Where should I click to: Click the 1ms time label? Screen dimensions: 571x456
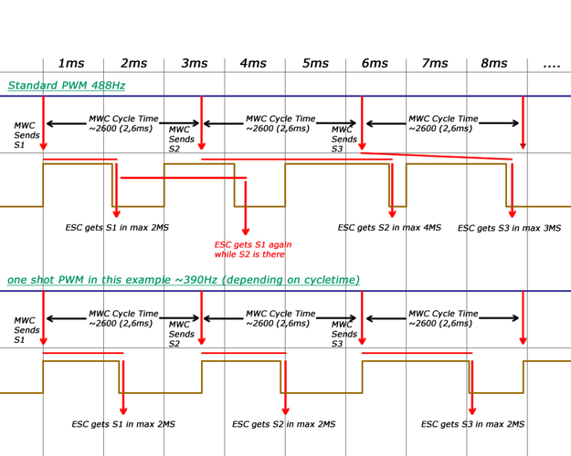(x=71, y=63)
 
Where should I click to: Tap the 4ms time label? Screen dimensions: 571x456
(x=253, y=63)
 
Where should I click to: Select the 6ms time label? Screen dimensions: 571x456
(x=375, y=63)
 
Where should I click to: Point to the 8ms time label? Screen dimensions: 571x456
(x=494, y=63)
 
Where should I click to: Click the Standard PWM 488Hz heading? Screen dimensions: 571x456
(x=67, y=86)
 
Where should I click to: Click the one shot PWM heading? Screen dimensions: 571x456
(x=184, y=280)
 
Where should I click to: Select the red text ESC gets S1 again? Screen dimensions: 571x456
(x=253, y=249)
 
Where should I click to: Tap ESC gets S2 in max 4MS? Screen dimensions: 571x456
(x=389, y=228)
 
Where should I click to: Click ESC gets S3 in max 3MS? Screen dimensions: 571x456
(x=509, y=228)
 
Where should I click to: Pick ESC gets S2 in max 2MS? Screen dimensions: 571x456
(x=284, y=424)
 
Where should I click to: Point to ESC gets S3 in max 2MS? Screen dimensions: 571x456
(x=472, y=424)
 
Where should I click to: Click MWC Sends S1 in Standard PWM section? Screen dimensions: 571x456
(x=26, y=135)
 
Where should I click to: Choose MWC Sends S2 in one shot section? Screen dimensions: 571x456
(x=181, y=334)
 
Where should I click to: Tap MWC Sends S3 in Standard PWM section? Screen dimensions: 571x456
(x=344, y=140)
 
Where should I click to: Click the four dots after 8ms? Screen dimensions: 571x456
(x=551, y=66)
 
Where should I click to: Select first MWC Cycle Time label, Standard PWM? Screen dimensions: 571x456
(x=123, y=124)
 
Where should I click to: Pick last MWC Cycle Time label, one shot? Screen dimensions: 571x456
(x=443, y=318)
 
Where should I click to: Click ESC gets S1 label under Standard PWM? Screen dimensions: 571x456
(x=117, y=228)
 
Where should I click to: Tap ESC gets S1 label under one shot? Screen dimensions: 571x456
(x=123, y=424)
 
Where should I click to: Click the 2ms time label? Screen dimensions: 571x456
(x=134, y=63)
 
